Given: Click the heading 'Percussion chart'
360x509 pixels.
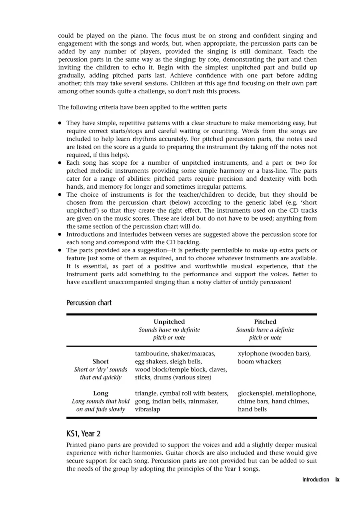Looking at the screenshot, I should (89, 303).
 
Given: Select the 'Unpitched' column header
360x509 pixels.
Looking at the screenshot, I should (169, 322).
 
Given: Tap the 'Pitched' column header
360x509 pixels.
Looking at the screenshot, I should (265, 322).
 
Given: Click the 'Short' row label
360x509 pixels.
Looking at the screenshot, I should (100, 361).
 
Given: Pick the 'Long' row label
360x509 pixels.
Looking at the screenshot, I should (100, 393).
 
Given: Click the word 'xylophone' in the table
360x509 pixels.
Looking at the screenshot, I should (253, 354).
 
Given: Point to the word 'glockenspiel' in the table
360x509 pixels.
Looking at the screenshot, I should (255, 393).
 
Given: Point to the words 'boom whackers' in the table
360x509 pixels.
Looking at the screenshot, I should (260, 362).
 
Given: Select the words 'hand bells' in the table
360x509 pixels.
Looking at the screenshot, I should (252, 409).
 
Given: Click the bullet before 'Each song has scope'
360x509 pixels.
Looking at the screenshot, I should (60, 163).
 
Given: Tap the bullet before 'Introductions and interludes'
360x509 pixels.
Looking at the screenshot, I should (60, 234).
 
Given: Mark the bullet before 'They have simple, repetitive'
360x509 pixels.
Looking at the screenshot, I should (60, 124).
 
